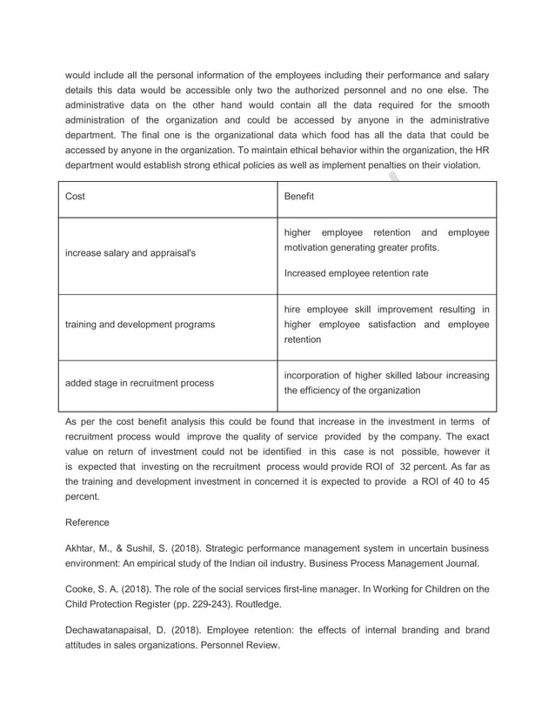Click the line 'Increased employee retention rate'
[356, 273]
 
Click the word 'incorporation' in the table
[311, 375]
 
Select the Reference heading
[87, 522]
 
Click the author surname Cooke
[79, 588]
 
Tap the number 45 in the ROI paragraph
[481, 481]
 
